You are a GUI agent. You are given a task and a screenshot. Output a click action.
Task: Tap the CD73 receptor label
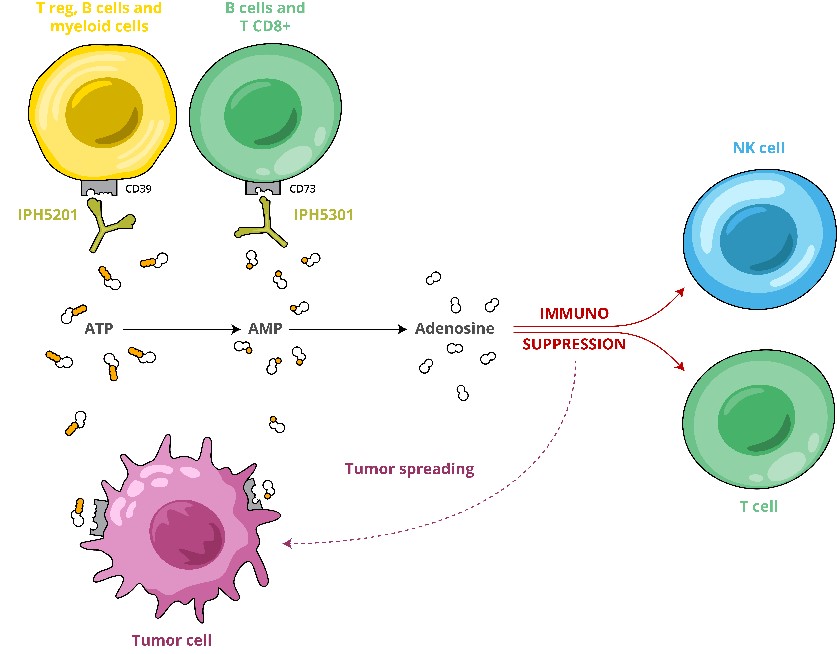pos(303,187)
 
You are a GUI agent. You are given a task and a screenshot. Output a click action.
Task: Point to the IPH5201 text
pos(48,214)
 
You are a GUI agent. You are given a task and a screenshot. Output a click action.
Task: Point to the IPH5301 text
pos(324,214)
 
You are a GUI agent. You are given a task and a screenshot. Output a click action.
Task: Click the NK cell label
pos(759,148)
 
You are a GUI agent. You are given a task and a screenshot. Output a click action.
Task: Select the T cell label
pos(758,507)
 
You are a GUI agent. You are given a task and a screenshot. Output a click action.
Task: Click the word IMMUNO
pos(574,313)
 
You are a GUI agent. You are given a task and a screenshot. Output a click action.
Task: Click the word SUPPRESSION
pos(574,344)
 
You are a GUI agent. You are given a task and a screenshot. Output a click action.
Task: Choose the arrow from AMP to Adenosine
pos(351,328)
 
